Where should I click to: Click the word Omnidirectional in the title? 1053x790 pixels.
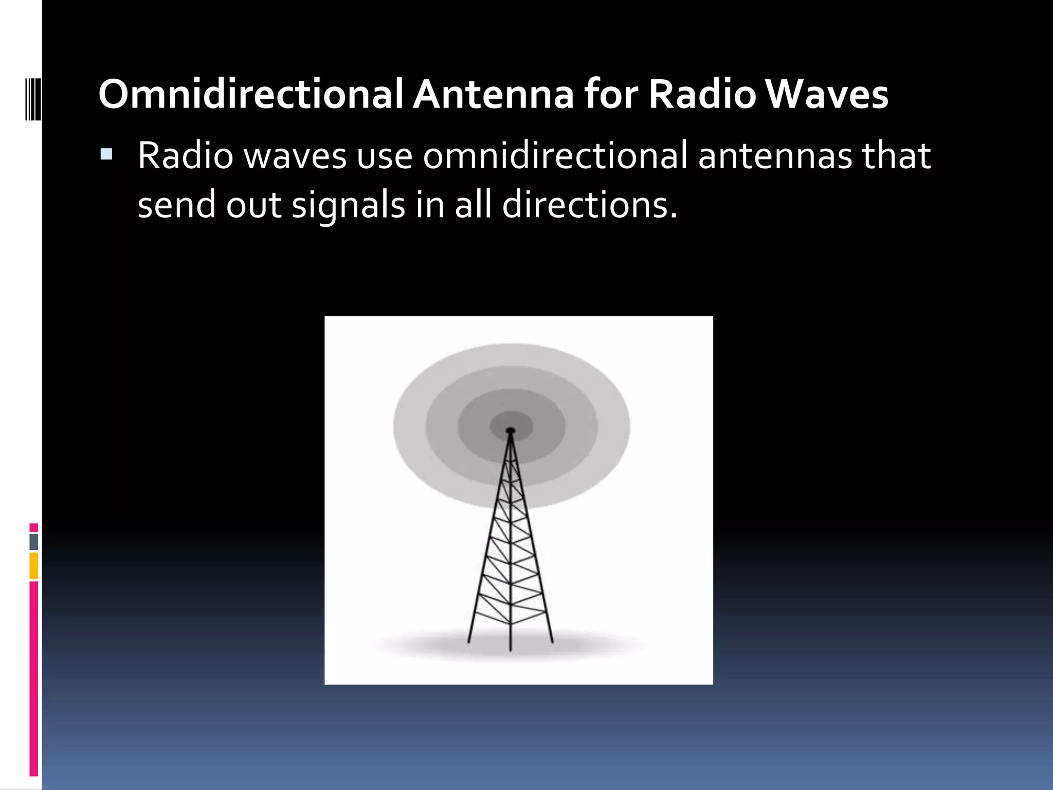pos(250,95)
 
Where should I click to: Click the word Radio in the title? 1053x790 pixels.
pos(702,95)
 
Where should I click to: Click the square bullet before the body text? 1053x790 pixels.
pos(106,154)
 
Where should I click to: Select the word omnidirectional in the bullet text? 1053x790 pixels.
pos(555,155)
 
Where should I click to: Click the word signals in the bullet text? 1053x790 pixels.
pos(349,205)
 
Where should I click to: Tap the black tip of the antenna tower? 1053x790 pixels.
pos(510,430)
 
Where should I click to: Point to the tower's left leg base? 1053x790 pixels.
pos(469,640)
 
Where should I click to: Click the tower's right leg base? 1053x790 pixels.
pos(552,640)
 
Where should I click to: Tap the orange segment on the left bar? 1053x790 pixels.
pos(33,566)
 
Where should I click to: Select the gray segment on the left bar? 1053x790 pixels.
pos(33,542)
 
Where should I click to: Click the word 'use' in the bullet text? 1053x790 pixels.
pos(385,155)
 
